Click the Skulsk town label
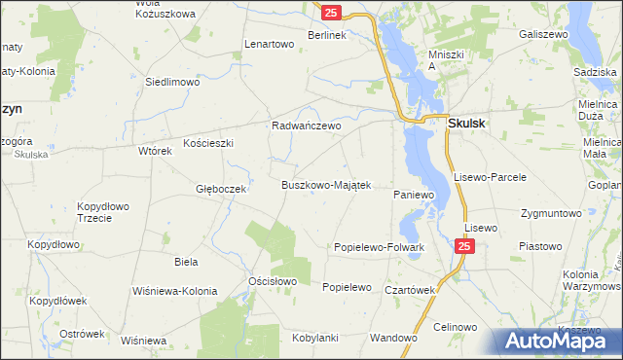pyautogui.click(x=468, y=124)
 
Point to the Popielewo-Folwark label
pyautogui.click(x=380, y=247)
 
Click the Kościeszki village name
pyautogui.click(x=206, y=143)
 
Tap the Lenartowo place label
pyautogui.click(x=270, y=45)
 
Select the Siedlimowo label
pyautogui.click(x=172, y=83)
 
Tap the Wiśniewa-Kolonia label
pyautogui.click(x=176, y=291)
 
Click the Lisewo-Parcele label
pyautogui.click(x=491, y=177)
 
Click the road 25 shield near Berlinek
pyautogui.click(x=332, y=13)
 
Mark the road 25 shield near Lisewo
pyautogui.click(x=464, y=248)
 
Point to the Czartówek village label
pyautogui.click(x=408, y=289)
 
